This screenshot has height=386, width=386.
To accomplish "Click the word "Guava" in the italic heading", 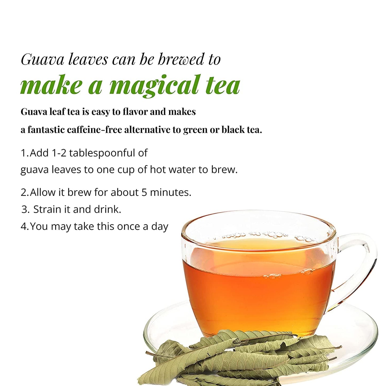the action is click(42, 60).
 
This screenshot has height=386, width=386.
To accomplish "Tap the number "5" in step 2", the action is click(144, 193).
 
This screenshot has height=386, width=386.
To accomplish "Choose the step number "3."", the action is click(26, 209).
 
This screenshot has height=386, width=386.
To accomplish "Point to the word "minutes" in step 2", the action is click(169, 193).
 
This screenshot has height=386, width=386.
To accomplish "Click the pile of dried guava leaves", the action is click(236, 358).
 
